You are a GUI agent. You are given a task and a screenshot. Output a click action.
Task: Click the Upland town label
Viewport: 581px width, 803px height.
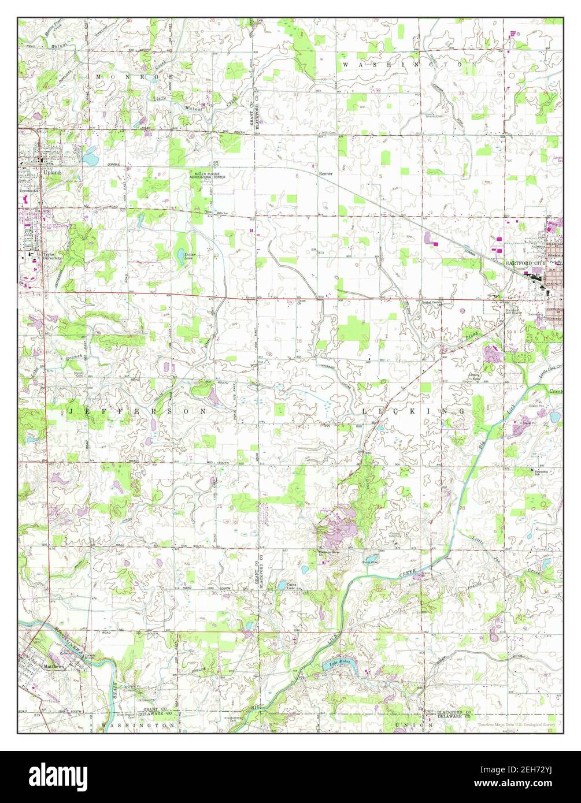pyautogui.click(x=51, y=172)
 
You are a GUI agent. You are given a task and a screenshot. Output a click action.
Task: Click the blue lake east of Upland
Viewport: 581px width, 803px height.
pyautogui.click(x=90, y=156)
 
